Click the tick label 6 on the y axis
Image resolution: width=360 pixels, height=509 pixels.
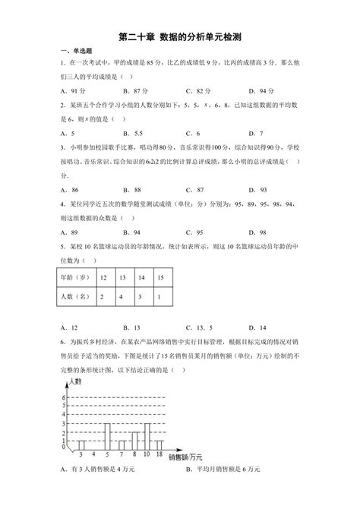click(x=65, y=397)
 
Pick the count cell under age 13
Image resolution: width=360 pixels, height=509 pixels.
click(x=122, y=298)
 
